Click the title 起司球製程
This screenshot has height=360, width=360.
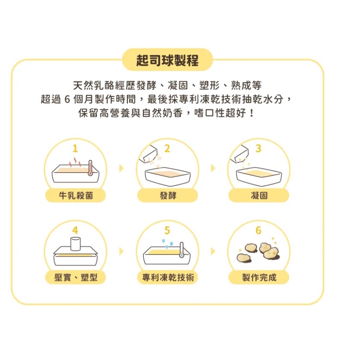167,61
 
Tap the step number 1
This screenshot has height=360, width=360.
75,148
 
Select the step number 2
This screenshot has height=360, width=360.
167,148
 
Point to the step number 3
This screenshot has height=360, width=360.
258,148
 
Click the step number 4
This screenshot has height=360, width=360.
75,230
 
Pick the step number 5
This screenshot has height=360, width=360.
167,230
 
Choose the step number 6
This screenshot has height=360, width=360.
258,230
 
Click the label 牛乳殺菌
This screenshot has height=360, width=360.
76,196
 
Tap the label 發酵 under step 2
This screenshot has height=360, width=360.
168,196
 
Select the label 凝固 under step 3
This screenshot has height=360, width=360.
259,196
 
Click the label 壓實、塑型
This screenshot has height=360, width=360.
76,278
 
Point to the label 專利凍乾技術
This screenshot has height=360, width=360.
168,278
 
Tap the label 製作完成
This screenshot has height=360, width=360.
259,278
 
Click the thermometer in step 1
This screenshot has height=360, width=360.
90,168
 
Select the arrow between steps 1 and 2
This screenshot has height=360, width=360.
121,168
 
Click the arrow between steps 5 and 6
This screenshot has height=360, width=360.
213,251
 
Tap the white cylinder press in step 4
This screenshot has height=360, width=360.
76,244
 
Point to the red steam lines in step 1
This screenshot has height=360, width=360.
75,163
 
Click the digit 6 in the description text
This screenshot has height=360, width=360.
67,100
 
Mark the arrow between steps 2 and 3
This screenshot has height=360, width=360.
213,168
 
